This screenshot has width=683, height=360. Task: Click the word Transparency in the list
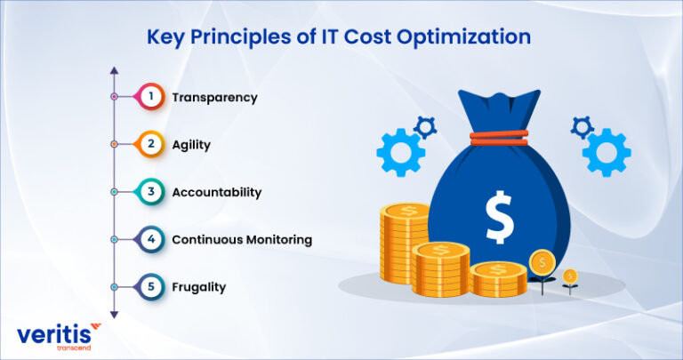[x=214, y=97]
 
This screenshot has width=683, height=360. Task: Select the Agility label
[x=191, y=144]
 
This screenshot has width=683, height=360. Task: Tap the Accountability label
[x=216, y=192]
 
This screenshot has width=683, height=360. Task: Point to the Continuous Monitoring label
[x=241, y=240]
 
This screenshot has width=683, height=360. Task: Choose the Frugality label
[x=198, y=287]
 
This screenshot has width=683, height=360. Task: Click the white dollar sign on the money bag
[x=498, y=217]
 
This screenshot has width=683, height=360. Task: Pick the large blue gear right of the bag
[x=608, y=151]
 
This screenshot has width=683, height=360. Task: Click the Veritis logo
[x=59, y=337]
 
